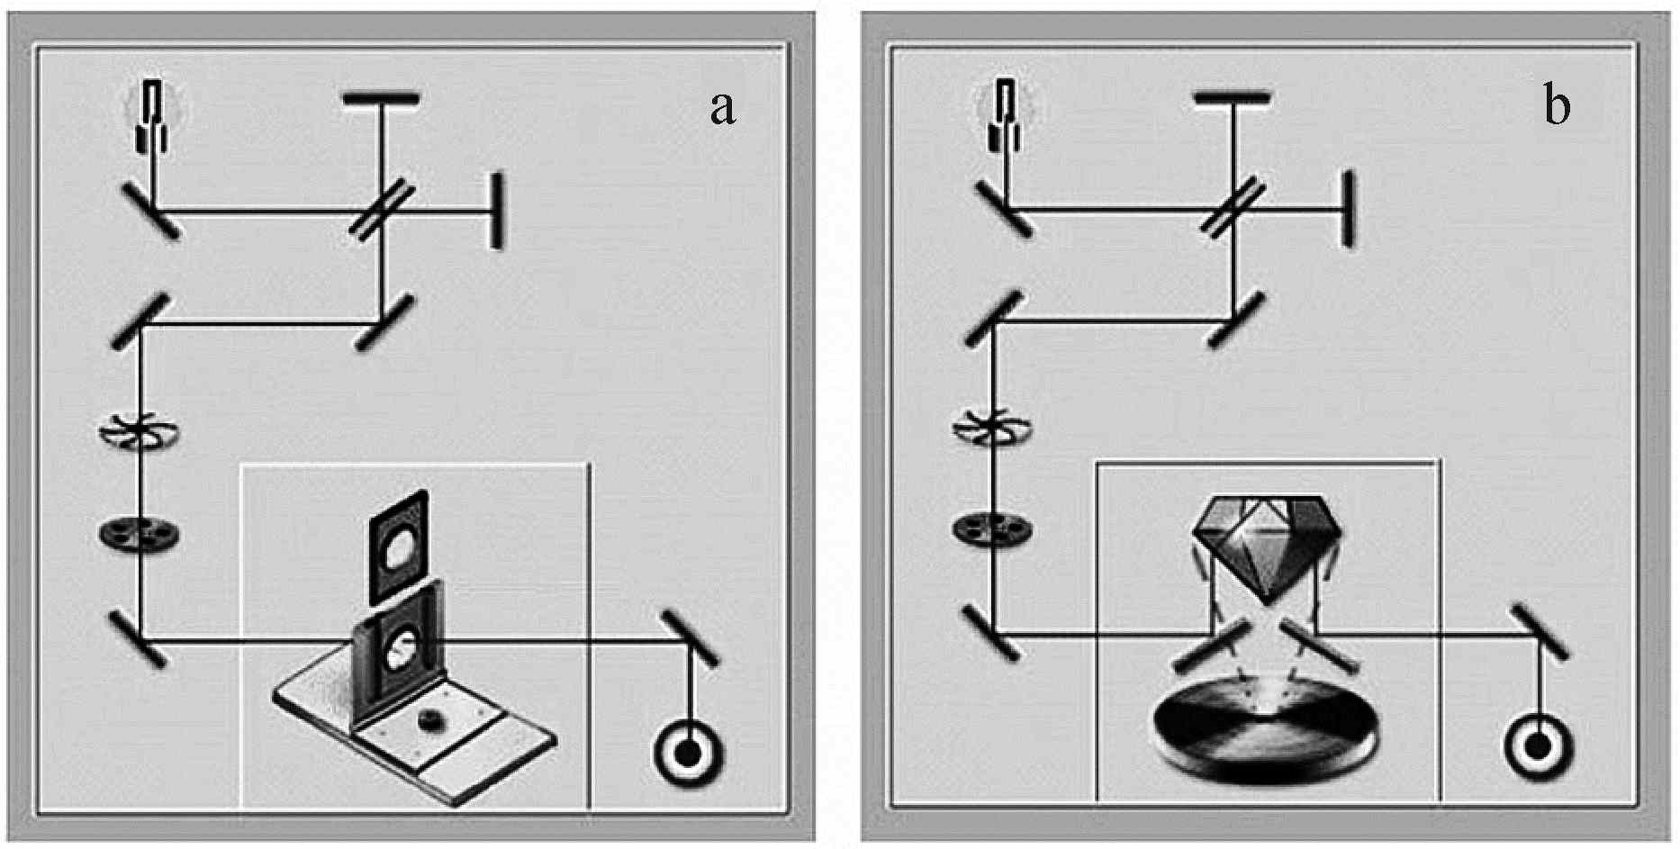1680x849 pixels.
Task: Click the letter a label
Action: [x=723, y=108]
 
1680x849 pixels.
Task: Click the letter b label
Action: [x=1557, y=106]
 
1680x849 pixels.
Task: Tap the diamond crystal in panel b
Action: [x=1267, y=544]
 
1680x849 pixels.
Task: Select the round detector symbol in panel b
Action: [x=1538, y=746]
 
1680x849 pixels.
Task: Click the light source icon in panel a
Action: [x=155, y=115]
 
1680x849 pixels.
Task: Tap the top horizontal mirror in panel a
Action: [x=381, y=97]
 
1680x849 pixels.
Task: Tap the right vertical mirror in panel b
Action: [x=1348, y=209]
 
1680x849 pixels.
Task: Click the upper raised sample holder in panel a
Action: [x=398, y=546]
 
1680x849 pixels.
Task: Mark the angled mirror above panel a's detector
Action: [x=691, y=638]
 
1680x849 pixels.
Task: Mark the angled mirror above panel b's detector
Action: [x=1539, y=633]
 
